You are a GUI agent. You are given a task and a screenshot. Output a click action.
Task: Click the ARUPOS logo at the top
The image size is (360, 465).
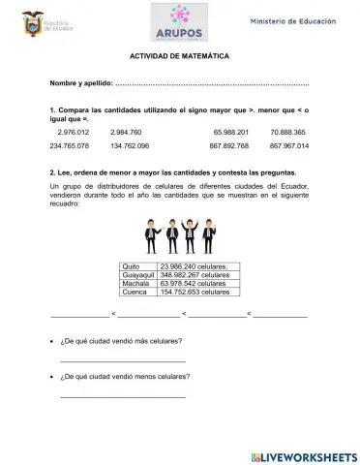pyautogui.click(x=180, y=21)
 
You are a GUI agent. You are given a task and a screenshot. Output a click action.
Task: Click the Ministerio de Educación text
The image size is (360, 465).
pyautogui.click(x=295, y=20)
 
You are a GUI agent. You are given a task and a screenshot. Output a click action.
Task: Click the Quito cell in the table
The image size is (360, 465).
pyautogui.click(x=136, y=266)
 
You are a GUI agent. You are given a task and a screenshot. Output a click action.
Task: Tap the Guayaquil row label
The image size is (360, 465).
pyautogui.click(x=138, y=275)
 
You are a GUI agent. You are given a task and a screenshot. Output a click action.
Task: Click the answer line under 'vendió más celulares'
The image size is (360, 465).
pyautogui.click(x=122, y=360)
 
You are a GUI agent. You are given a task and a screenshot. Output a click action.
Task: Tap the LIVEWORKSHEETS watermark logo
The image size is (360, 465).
pyautogui.click(x=303, y=455)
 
